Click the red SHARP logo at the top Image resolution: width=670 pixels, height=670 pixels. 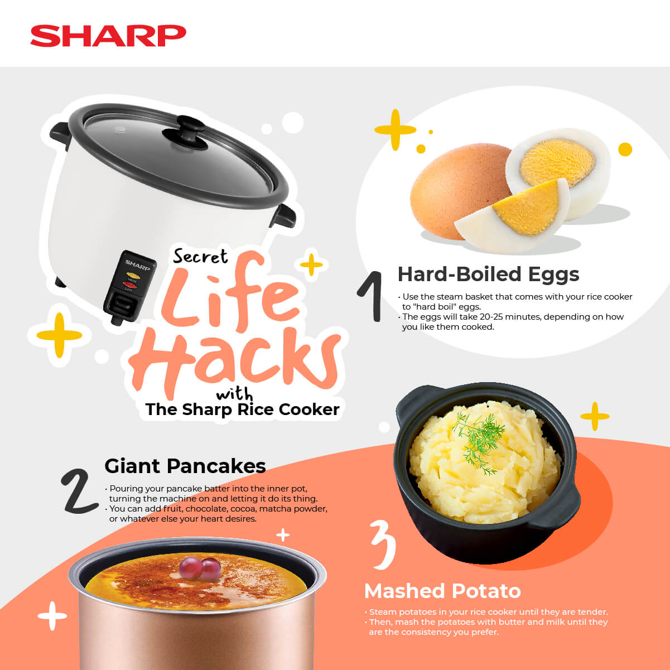(108, 36)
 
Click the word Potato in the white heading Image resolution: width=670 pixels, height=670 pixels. (485, 591)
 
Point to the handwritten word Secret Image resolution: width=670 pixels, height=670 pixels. (200, 257)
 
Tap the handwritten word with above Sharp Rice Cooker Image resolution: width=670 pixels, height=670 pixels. (234, 394)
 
